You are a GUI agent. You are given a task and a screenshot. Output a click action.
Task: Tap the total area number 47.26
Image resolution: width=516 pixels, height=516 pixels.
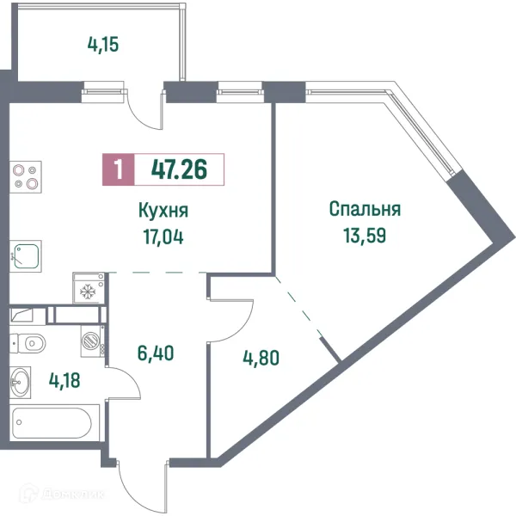click(178, 169)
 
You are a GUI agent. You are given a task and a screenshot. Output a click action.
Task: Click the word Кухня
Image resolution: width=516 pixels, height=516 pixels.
click(163, 211)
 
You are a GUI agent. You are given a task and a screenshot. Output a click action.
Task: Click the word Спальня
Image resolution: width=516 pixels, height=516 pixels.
click(365, 209)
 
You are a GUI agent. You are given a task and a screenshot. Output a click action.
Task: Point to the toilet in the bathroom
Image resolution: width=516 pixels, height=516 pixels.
click(28, 344)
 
